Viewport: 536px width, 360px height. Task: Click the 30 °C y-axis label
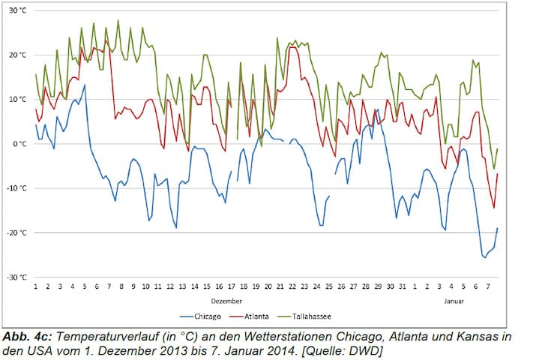pos(17,10)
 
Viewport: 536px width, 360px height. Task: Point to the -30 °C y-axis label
pos(16,277)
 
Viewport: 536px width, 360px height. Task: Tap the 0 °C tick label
pos(19,143)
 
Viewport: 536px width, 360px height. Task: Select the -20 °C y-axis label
pos(16,232)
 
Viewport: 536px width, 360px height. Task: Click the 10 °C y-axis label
pos(17,99)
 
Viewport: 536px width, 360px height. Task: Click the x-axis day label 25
pos(328,286)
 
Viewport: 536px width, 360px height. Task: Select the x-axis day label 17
pos(231,286)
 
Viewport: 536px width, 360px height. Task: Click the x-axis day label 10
pos(145,286)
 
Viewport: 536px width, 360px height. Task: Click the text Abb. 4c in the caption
pos(28,337)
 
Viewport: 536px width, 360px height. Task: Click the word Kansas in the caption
pos(472,337)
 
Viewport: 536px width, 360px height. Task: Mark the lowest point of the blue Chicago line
pos(484,257)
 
